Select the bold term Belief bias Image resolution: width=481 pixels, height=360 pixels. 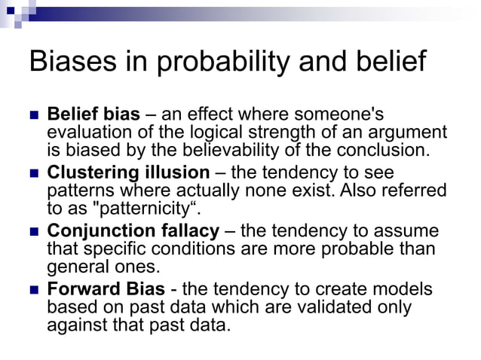[93, 114]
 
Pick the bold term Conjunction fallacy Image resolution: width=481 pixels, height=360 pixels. [133, 230]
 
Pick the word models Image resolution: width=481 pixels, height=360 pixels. [405, 288]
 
